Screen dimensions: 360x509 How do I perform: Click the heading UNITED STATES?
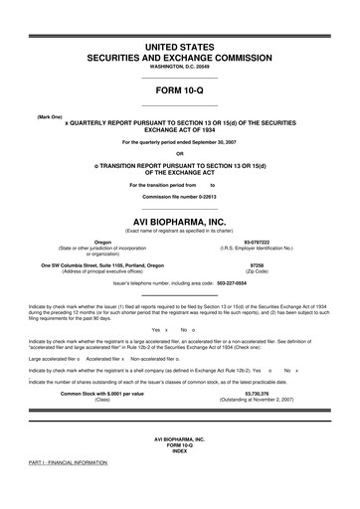click(179, 47)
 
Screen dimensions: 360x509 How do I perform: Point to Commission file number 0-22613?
click(179, 169)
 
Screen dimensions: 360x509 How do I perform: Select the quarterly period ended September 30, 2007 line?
click(179, 142)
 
